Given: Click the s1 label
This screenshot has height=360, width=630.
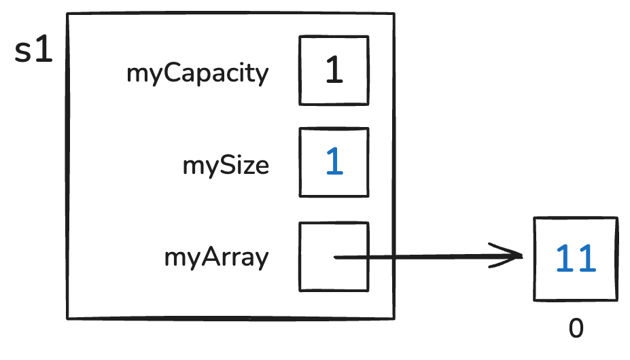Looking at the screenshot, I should pyautogui.click(x=34, y=52).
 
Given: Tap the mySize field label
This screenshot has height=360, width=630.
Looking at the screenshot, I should pyautogui.click(x=226, y=166).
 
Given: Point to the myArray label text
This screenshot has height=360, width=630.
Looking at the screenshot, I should pyautogui.click(x=217, y=258).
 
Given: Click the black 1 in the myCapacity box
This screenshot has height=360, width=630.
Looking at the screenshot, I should pyautogui.click(x=334, y=71).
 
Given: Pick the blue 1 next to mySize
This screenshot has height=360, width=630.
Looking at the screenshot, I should pyautogui.click(x=334, y=163).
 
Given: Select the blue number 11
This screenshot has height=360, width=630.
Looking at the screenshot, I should pyautogui.click(x=576, y=259).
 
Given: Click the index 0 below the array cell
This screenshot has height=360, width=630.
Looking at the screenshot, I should pyautogui.click(x=576, y=329).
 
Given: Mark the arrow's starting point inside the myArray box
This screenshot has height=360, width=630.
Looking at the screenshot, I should pyautogui.click(x=335, y=257).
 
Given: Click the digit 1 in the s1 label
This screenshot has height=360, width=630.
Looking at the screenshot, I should pyautogui.click(x=44, y=52).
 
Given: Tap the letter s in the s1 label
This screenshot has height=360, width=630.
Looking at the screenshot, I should pyautogui.click(x=24, y=54).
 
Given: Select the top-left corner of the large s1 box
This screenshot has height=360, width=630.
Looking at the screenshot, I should pyautogui.click(x=67, y=14).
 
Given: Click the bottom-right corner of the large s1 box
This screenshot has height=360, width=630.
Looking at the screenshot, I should pyautogui.click(x=394, y=317).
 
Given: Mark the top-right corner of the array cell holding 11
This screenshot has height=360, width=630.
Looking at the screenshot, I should pyautogui.click(x=617, y=218).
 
